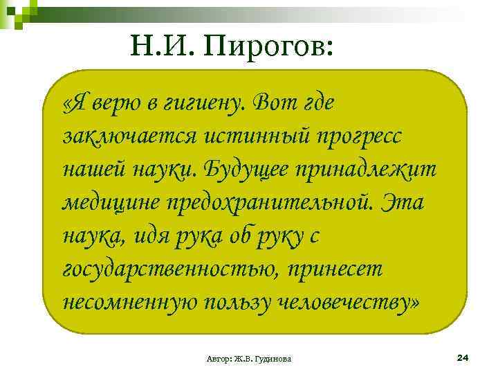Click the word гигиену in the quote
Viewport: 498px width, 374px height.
(x=201, y=104)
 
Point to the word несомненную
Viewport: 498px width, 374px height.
(x=129, y=303)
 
